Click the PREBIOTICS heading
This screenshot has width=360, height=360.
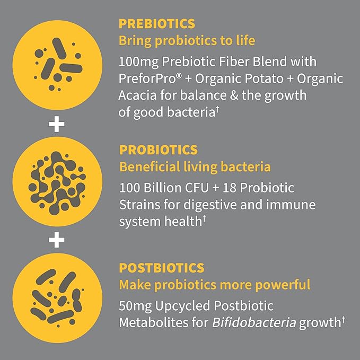(x=157, y=24)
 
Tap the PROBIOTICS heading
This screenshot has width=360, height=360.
(x=159, y=150)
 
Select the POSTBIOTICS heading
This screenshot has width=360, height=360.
(x=162, y=268)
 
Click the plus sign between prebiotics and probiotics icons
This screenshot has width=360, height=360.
(x=57, y=124)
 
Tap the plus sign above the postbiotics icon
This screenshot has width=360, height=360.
(x=57, y=240)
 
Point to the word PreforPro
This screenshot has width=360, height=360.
(x=148, y=78)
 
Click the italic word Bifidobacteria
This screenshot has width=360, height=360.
(x=254, y=322)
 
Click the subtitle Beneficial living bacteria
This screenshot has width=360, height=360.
(x=195, y=167)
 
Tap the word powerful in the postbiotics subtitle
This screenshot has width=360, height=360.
(x=283, y=285)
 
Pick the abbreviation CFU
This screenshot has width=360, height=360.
(x=197, y=188)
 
